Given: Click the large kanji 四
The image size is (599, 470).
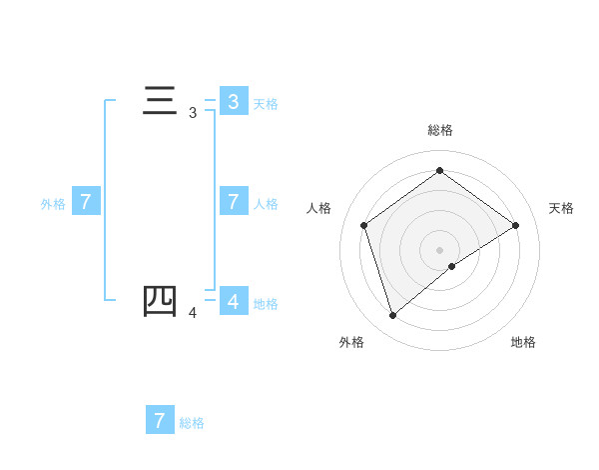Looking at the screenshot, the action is point(160,301).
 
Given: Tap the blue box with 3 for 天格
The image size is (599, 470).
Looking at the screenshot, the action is point(233,101).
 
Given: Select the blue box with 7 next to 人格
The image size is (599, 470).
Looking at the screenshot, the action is point(233,201).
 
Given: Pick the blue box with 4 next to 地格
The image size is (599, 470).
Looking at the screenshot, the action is point(233,301).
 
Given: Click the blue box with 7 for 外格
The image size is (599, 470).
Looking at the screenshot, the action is point(86,201).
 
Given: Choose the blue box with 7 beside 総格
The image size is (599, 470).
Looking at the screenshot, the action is point(160,420).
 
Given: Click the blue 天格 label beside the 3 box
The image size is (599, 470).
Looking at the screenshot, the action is point(266,103).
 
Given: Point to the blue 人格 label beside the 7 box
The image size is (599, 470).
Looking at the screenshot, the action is point(266,203).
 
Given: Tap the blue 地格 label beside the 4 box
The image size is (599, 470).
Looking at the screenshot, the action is point(266,303).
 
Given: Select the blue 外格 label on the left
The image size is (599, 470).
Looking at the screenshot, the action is point(53,203).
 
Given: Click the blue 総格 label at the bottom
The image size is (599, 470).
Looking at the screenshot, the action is point(192,423).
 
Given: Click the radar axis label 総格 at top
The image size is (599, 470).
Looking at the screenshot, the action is point(440,130).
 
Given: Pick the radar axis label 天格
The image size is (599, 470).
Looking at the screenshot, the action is point(561,208).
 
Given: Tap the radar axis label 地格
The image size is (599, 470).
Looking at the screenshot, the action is point(523,342).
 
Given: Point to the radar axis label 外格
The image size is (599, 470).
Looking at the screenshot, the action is point(351,342).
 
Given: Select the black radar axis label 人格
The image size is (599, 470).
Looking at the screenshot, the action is point(318,208).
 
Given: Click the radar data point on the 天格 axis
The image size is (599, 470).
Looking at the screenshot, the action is point(515,225).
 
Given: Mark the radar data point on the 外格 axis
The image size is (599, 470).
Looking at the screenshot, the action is point(393,316).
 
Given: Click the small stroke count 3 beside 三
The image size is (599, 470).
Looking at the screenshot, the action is point(193,114).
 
